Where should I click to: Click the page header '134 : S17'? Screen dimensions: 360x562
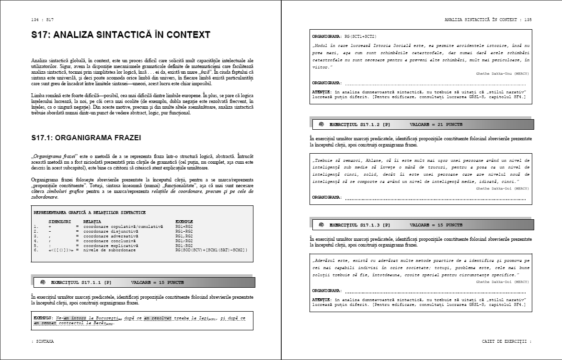42,20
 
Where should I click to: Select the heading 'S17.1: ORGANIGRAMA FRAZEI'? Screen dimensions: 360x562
86,137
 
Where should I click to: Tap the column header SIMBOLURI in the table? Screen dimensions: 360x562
60,222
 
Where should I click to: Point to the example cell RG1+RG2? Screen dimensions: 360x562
184,226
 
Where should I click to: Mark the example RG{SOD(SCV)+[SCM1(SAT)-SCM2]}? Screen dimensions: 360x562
211,250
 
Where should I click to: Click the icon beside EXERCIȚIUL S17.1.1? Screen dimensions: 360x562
43,282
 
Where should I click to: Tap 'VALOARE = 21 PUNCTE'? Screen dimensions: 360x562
436,124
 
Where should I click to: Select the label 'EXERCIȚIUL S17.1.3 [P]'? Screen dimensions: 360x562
359,225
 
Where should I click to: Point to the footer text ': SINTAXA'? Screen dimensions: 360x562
43,342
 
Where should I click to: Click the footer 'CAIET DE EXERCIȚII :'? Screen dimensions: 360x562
506,342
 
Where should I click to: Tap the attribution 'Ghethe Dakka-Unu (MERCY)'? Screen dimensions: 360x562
503,74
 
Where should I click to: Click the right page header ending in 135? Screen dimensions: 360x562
488,20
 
